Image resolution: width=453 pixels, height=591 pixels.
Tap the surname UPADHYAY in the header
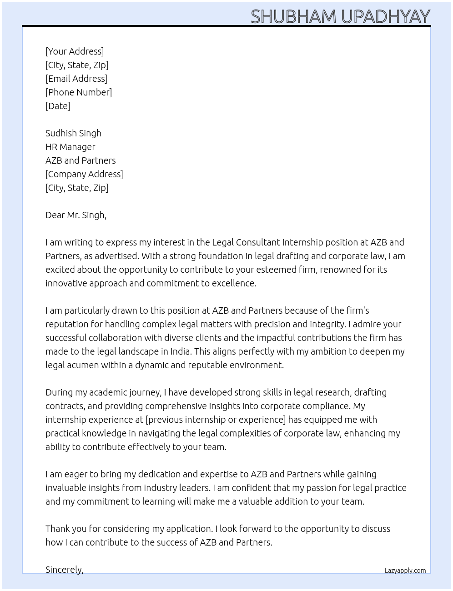click(385, 17)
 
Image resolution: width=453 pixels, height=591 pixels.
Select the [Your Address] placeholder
click(75, 51)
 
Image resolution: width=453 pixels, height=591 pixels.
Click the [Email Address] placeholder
click(76, 79)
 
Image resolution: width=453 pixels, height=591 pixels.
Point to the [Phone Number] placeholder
click(79, 92)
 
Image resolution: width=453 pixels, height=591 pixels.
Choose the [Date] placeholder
click(58, 106)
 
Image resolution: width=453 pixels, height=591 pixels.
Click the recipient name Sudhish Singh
click(73, 133)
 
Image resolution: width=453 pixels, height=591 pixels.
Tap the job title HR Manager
click(70, 147)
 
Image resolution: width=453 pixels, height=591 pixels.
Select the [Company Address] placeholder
click(84, 174)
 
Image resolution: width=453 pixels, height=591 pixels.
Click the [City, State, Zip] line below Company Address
click(77, 188)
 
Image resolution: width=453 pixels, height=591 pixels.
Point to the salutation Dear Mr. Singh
click(76, 215)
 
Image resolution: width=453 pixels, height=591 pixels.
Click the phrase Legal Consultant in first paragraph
click(246, 242)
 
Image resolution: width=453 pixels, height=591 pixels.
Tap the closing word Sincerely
click(65, 570)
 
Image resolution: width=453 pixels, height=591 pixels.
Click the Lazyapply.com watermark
click(405, 571)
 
